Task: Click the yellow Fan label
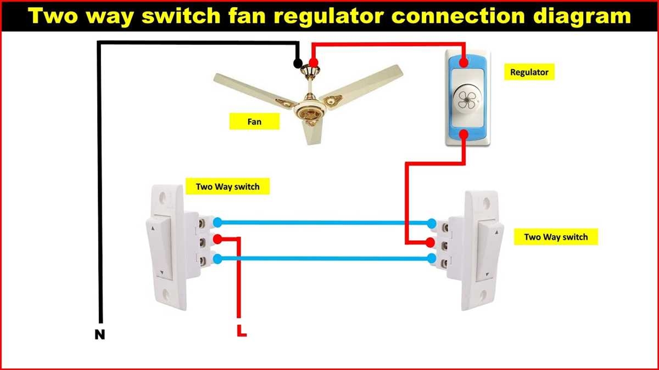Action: (254, 121)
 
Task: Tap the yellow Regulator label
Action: (529, 72)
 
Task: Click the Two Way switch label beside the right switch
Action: (556, 237)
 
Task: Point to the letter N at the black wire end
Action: (99, 334)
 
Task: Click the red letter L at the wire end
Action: (241, 331)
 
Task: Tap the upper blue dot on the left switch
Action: (217, 222)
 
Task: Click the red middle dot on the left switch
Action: (217, 239)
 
